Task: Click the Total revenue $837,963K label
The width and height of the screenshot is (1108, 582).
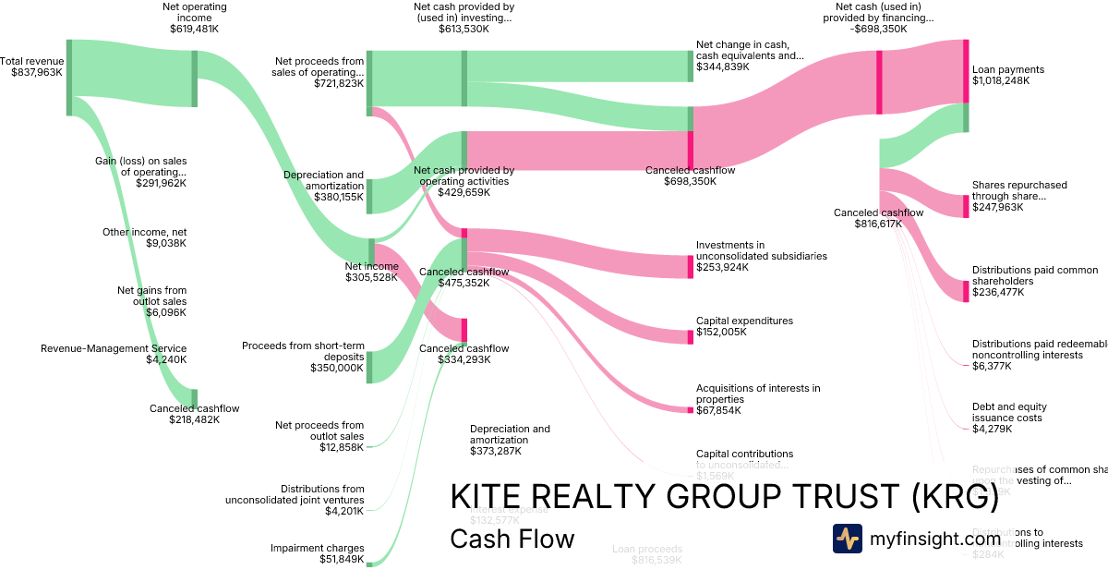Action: click(x=32, y=67)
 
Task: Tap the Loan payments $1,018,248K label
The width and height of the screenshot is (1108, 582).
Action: click(x=1008, y=75)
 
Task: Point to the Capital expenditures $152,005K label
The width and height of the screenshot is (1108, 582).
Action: click(x=744, y=326)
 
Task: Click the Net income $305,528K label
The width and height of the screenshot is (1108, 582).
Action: click(x=371, y=272)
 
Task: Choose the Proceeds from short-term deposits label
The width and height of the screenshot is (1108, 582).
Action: click(x=303, y=357)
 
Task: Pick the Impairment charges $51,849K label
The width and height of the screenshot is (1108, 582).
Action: click(x=317, y=553)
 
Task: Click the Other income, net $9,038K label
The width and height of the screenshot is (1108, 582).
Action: click(x=144, y=237)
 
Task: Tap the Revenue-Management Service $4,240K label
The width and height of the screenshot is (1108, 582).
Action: click(x=114, y=354)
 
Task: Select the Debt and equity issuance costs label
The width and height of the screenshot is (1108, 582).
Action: click(x=1009, y=418)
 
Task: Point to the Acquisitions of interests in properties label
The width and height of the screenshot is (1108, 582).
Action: click(x=757, y=399)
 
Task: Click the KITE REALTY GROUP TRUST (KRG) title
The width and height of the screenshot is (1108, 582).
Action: click(x=724, y=498)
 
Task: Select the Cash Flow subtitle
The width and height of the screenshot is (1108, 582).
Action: click(x=512, y=539)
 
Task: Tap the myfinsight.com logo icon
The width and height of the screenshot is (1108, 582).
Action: click(x=847, y=539)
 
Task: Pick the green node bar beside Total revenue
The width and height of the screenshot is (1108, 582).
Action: click(x=69, y=78)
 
